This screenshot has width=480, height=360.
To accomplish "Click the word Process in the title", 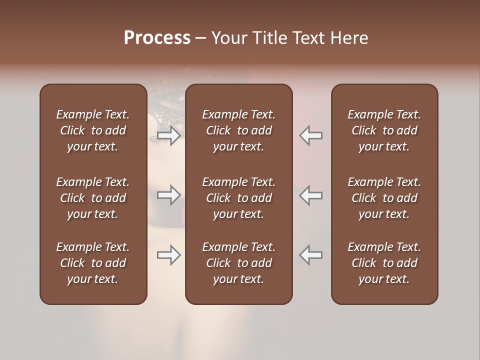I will [157, 38].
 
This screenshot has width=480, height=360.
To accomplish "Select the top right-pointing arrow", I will [169, 135].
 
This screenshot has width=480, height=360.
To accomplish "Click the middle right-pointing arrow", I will [169, 195].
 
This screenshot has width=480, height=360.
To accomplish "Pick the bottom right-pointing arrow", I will [169, 255].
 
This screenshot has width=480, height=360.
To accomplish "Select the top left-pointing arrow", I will [310, 135].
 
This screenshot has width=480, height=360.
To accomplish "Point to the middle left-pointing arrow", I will [310, 195].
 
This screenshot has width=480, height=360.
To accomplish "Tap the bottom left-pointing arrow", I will [310, 255].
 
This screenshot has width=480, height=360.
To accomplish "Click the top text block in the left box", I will [93, 130].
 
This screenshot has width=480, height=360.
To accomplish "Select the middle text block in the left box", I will [93, 198].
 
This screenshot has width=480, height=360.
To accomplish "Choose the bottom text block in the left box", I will [93, 263].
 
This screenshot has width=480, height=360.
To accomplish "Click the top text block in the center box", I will [238, 130].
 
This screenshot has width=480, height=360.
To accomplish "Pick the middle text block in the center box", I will [238, 198].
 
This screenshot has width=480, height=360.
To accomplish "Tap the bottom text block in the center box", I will [238, 263].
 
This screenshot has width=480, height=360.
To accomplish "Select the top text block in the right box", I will [384, 130].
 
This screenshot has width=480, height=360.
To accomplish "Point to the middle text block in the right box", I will [384, 198].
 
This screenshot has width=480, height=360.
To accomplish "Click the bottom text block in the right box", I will [384, 263].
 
